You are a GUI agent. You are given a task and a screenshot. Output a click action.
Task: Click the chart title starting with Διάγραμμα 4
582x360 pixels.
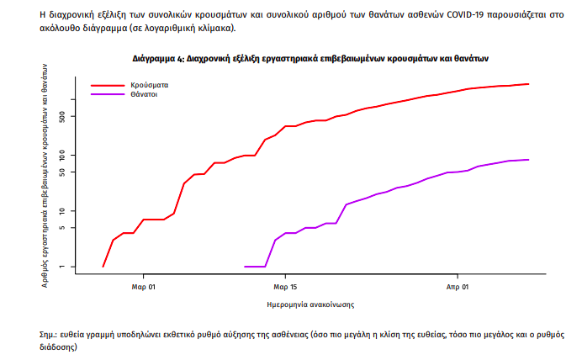click(310, 60)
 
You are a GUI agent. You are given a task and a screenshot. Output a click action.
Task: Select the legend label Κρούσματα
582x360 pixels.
click(148, 85)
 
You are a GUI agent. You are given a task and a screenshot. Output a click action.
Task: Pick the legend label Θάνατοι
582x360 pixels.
click(145, 94)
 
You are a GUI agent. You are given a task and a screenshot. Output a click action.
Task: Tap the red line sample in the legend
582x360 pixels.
click(108, 85)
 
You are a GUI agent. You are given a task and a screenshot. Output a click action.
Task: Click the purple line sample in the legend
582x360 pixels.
click(108, 94)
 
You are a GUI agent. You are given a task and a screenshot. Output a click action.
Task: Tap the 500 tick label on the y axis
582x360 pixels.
click(72, 116)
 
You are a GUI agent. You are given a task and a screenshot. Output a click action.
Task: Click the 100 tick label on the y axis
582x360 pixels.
click(72, 156)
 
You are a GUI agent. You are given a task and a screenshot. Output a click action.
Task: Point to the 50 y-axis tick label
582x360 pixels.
click(72, 172)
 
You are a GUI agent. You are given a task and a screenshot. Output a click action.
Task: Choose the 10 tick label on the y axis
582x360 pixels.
click(72, 211)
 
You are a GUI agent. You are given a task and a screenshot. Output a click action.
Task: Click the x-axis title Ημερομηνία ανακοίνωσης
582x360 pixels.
click(310, 304)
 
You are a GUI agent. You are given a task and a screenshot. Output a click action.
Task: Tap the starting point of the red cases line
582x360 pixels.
click(103, 267)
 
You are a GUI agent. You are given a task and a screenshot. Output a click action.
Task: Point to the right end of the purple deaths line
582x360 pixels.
click(527, 160)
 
